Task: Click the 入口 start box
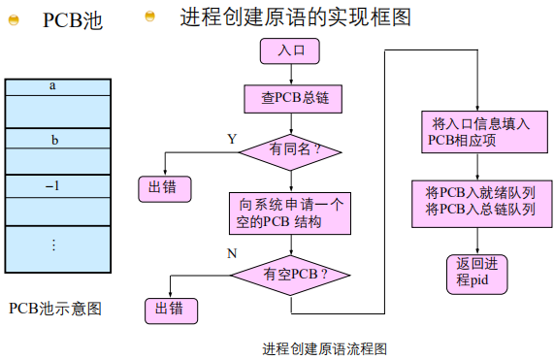(290, 50)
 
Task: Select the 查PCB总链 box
(291, 97)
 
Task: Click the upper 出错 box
(163, 187)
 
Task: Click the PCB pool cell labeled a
(53, 86)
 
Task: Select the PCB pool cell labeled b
(53, 140)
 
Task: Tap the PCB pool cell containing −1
(53, 183)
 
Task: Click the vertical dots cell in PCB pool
(53, 244)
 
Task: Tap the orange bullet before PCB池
(14, 20)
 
